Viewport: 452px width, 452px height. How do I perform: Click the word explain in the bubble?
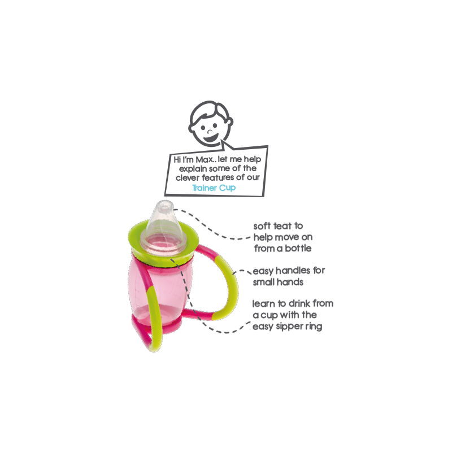coord(195,169)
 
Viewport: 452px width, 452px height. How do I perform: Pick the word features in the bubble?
coord(215,178)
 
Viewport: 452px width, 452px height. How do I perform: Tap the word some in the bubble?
coord(222,169)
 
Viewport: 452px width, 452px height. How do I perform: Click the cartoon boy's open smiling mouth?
coord(210,137)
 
